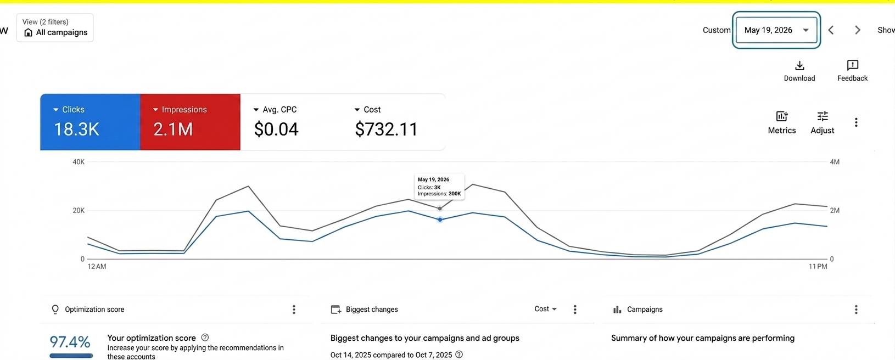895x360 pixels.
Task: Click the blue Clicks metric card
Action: point(90,122)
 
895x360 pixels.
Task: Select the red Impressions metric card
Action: point(190,122)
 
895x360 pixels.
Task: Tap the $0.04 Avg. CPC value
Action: point(276,129)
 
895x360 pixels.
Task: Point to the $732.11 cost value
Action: point(386,129)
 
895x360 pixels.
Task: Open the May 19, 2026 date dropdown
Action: point(776,30)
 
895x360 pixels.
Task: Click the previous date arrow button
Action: point(831,30)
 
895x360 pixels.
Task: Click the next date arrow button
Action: point(858,30)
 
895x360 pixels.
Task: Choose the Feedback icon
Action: point(852,65)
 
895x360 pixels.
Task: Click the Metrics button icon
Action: point(781,116)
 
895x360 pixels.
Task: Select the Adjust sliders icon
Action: point(823,116)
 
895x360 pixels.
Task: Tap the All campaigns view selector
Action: point(55,27)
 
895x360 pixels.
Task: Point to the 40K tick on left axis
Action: point(79,162)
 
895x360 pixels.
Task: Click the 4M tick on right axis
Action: point(835,162)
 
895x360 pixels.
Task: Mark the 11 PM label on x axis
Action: point(818,267)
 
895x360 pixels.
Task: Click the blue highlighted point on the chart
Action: point(440,220)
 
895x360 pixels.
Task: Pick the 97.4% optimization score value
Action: point(70,342)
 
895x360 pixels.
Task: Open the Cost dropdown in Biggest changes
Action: point(545,309)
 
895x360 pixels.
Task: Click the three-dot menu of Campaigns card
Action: point(856,310)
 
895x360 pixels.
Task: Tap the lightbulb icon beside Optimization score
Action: point(55,310)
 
